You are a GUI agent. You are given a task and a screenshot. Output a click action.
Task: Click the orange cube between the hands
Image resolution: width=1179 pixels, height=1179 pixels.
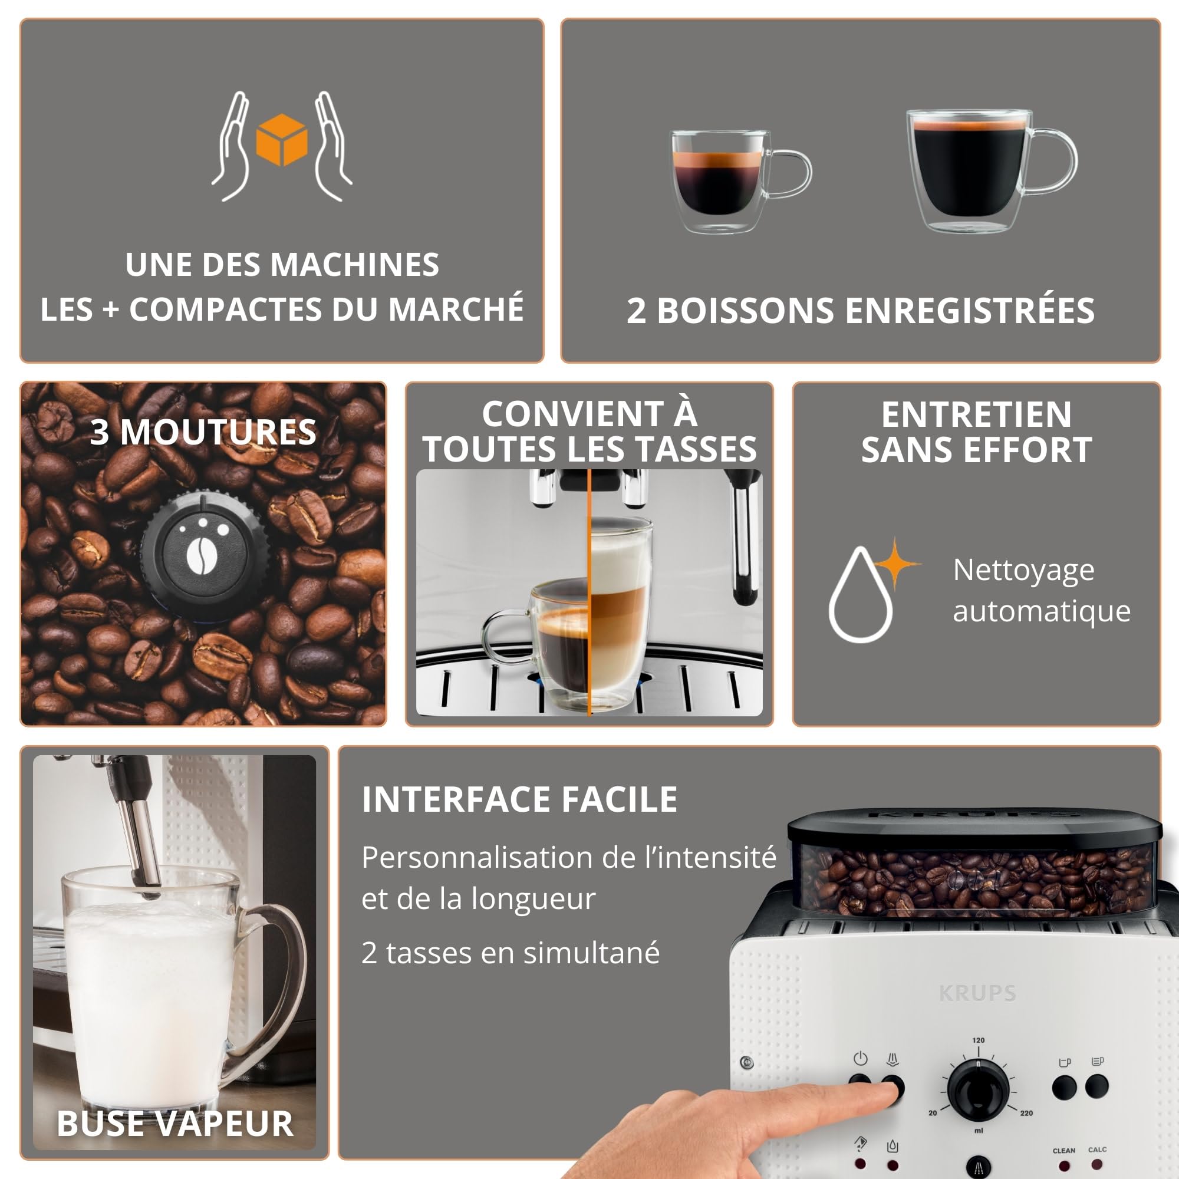coord(281,140)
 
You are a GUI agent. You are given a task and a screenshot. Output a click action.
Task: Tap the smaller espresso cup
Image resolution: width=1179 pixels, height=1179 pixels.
coord(741,181)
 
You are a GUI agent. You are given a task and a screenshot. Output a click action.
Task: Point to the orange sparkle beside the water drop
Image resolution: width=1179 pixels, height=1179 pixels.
coord(895,563)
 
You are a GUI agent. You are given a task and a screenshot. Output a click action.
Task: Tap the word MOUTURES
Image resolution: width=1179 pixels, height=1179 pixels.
coord(218,432)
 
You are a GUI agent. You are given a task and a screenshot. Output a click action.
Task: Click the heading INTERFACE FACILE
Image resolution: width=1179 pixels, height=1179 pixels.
coord(519,799)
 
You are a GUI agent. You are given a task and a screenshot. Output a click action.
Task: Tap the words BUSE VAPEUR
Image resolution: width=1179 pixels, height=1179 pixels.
coord(175,1124)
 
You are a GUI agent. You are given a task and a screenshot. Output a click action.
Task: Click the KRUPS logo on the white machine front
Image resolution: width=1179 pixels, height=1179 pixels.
coord(977,993)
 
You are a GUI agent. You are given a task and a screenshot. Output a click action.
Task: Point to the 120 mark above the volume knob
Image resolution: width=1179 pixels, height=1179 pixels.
coord(978,1040)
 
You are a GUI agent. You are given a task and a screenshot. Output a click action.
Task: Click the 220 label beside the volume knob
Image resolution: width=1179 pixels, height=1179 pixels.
coord(1026,1113)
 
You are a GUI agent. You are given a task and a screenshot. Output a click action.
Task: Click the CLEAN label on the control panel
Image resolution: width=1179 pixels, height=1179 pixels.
coord(1063,1150)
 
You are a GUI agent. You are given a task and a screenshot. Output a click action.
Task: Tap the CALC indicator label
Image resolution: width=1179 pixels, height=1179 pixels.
coord(1097,1150)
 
